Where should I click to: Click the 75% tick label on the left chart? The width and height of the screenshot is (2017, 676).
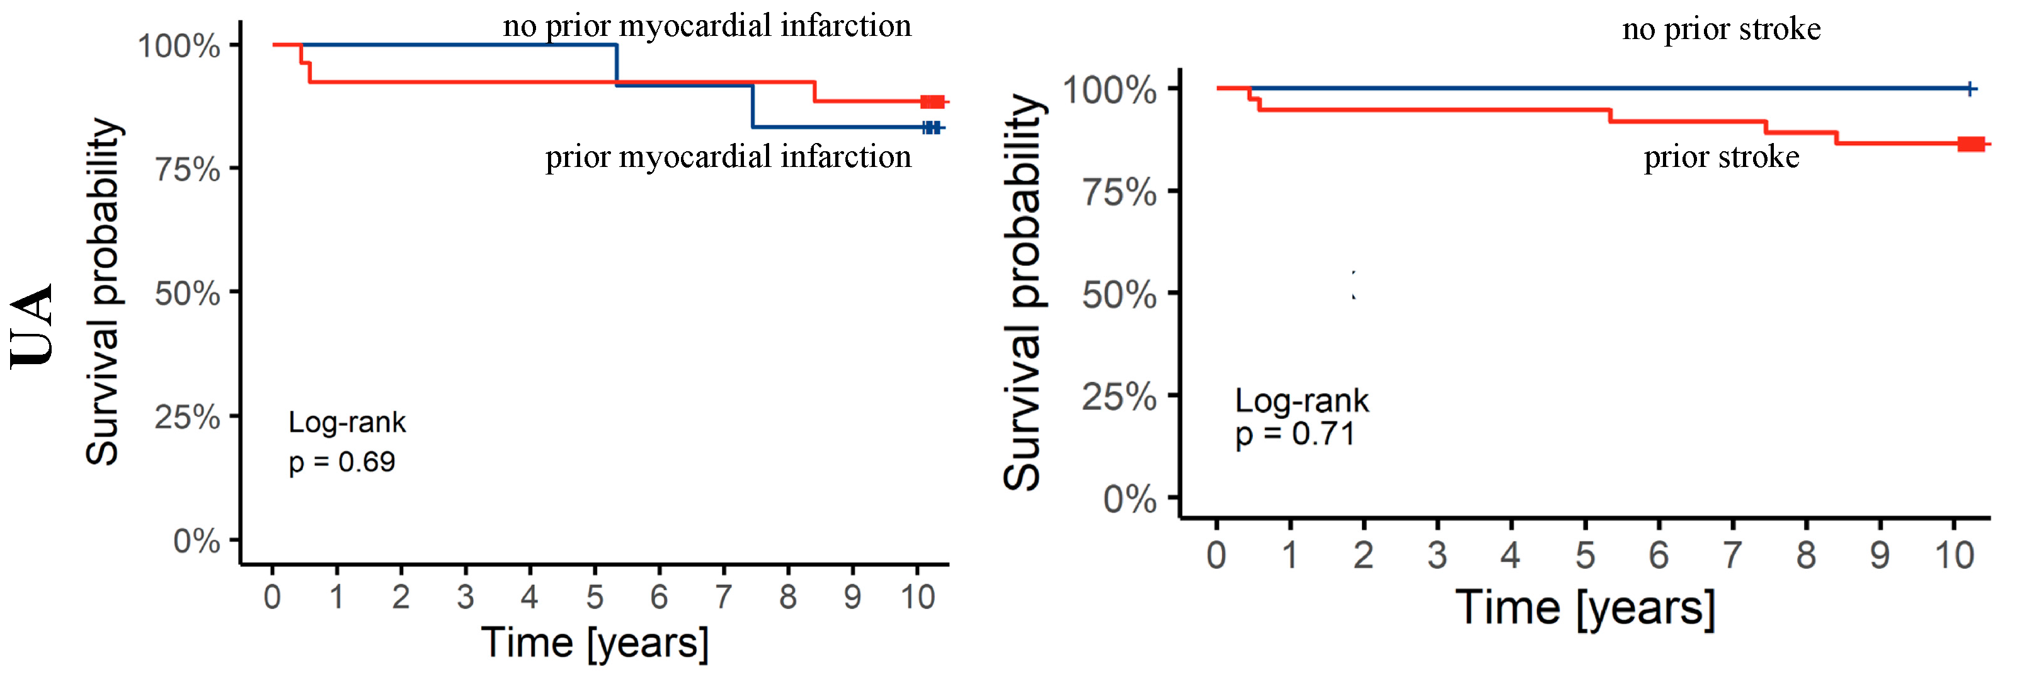coord(187,169)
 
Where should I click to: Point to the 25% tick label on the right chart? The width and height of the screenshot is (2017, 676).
coord(1119,397)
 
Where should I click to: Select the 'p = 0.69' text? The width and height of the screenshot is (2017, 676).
coord(342,462)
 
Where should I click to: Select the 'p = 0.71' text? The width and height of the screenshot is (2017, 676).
coord(1295,434)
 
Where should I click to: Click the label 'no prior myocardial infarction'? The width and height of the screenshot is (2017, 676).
coord(707,26)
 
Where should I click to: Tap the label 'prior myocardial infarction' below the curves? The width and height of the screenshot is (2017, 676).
coord(728,157)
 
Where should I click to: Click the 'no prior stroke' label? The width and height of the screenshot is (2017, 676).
coord(1721,29)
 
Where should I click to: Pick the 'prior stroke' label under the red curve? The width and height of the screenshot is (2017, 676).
coord(1721,157)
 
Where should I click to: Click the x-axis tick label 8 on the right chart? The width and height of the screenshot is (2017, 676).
coord(1805,556)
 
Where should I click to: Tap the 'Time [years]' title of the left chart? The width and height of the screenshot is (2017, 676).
coord(594,643)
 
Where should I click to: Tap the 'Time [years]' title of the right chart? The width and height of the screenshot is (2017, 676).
coord(1585,608)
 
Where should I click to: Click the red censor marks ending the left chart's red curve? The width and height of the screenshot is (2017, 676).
coord(932,102)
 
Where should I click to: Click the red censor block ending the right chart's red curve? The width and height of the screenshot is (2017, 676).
coord(1971,144)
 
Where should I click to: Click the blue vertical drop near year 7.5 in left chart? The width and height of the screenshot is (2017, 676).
coord(753,106)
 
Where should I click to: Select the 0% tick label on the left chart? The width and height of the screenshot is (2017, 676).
coord(197,541)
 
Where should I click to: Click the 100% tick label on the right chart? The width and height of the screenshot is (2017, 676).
coord(1109,90)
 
